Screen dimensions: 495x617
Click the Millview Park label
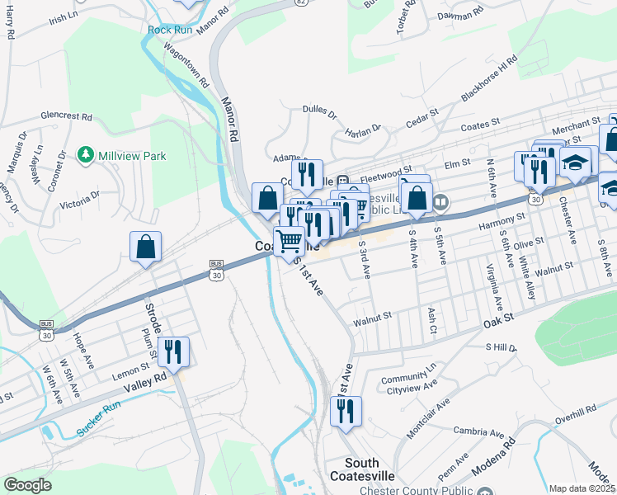[132, 155]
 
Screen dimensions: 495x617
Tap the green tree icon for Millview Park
[85, 155]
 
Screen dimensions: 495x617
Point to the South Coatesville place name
[373, 469]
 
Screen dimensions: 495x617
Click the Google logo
[27, 484]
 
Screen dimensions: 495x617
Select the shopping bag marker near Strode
[146, 247]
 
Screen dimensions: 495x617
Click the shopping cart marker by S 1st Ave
[290, 242]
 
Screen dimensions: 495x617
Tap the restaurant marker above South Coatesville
[346, 410]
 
